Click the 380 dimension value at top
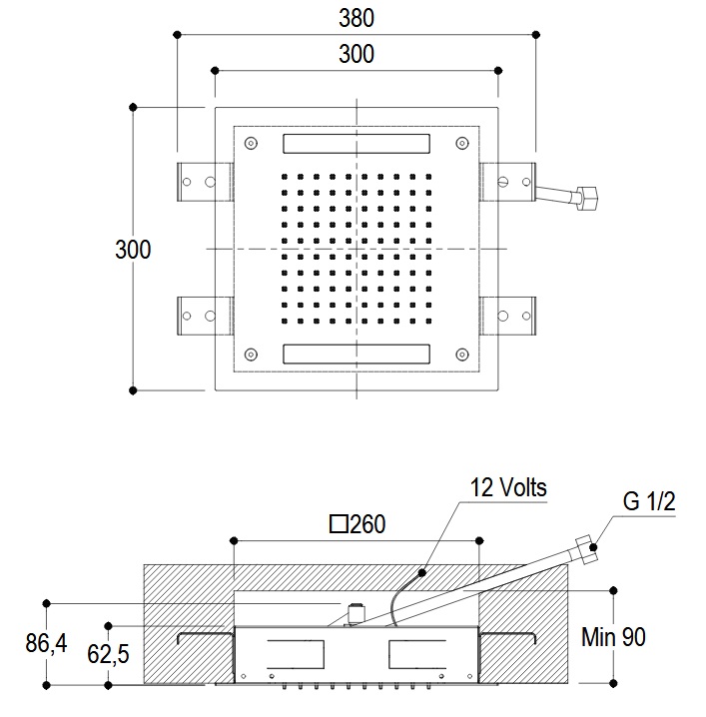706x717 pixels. (356, 17)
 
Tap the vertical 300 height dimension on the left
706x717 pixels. (133, 249)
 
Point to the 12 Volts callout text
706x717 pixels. (509, 489)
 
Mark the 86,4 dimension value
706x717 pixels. (46, 644)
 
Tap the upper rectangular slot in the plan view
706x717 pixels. (355, 144)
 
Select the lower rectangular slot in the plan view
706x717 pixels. (355, 354)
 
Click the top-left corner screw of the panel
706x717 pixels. (251, 142)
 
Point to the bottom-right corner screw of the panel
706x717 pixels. (461, 353)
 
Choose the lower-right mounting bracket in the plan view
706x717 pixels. (510, 316)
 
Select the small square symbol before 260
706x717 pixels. (339, 522)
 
